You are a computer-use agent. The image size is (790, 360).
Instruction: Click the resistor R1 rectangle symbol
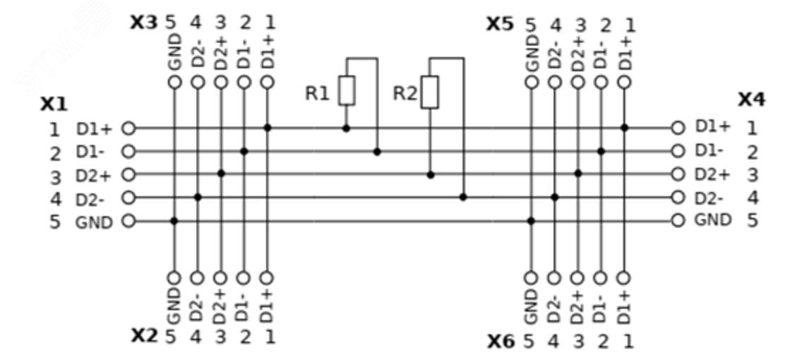click(x=346, y=90)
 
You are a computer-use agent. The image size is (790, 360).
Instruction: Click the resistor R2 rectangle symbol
click(x=430, y=92)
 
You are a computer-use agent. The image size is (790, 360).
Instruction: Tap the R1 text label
click(x=317, y=94)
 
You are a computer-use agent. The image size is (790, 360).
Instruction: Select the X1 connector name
click(x=54, y=104)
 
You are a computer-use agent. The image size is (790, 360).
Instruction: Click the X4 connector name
click(x=751, y=100)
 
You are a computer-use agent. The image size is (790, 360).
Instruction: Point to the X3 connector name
click(x=144, y=23)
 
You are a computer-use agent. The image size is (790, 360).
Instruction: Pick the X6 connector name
click(x=501, y=342)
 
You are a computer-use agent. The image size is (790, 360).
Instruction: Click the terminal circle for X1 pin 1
click(x=128, y=128)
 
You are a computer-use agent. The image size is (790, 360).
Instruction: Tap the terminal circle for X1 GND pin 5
click(x=128, y=220)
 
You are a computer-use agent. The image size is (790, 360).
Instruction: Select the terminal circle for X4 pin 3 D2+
click(x=678, y=174)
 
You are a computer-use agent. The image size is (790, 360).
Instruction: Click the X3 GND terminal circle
click(x=174, y=82)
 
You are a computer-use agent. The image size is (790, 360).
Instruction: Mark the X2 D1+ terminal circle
click(x=267, y=277)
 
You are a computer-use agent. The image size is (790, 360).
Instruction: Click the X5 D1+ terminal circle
click(x=623, y=82)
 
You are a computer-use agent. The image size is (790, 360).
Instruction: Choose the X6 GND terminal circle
click(x=530, y=277)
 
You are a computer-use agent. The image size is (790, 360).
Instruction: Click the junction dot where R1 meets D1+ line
click(x=346, y=128)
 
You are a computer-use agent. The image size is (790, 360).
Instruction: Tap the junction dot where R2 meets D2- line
click(x=463, y=198)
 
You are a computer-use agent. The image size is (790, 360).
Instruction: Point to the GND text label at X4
click(x=713, y=220)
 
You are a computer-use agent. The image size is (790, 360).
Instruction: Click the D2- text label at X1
click(x=90, y=199)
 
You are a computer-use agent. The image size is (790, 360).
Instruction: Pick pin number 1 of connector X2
click(x=270, y=337)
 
